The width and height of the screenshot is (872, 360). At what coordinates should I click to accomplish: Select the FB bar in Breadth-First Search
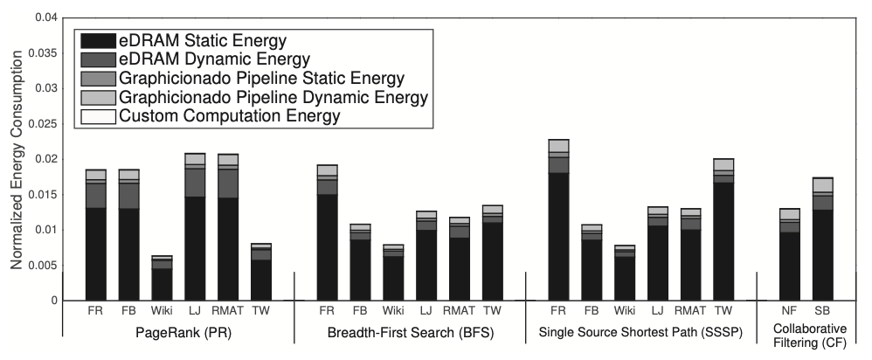click(360, 262)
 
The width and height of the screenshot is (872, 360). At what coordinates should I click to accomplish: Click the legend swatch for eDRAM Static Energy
click(97, 40)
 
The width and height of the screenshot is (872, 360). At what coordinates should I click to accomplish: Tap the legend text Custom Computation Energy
click(230, 115)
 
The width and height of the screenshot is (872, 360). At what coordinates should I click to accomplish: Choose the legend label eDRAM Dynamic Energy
click(216, 59)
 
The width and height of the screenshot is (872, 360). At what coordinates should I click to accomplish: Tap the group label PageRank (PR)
click(177, 333)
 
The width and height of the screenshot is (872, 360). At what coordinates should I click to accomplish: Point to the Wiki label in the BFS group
click(393, 311)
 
